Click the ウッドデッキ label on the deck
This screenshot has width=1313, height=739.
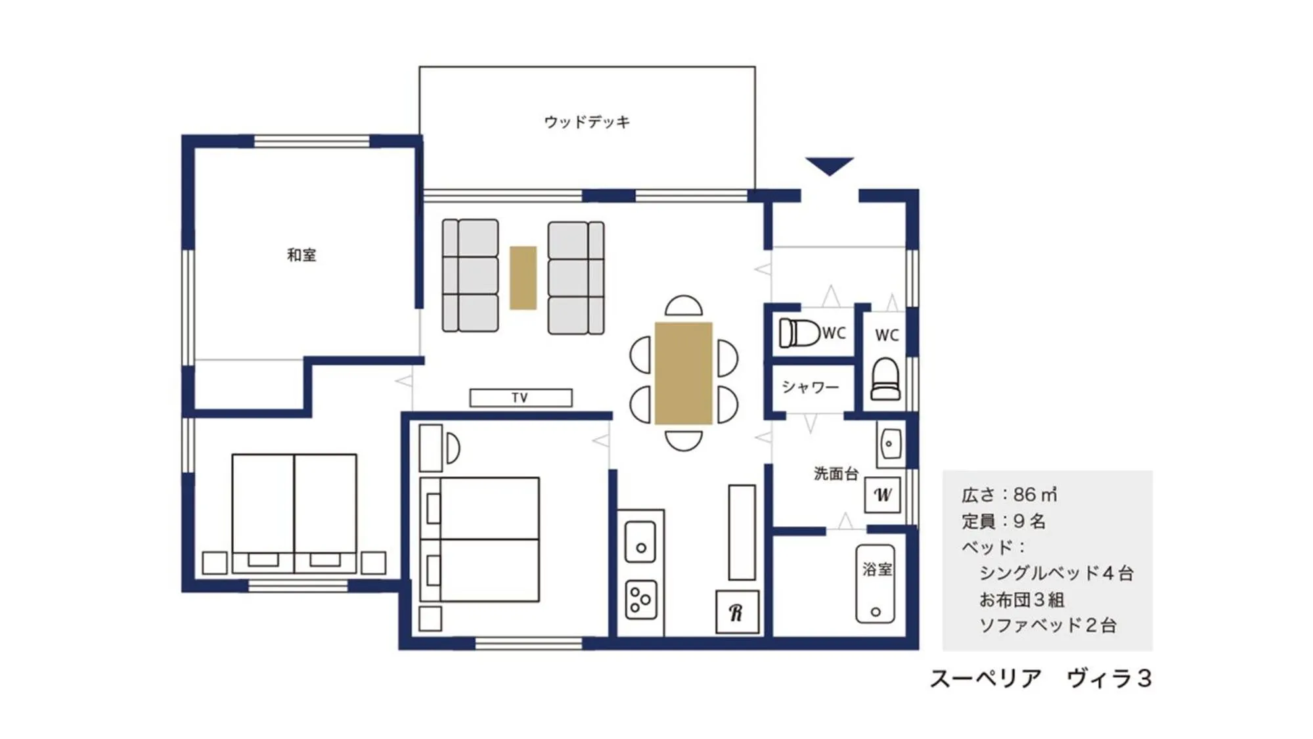tap(587, 122)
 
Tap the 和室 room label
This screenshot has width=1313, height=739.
tap(301, 255)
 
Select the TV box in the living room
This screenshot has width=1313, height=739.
tap(520, 397)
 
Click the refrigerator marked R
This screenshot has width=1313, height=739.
tap(737, 612)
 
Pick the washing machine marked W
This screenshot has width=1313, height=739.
tap(882, 495)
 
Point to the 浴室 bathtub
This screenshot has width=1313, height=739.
tap(875, 583)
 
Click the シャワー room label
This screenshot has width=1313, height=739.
tap(810, 387)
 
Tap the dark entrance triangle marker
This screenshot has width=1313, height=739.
tap(829, 165)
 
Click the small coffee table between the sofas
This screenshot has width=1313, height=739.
tap(523, 277)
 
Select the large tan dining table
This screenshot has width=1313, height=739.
tap(683, 372)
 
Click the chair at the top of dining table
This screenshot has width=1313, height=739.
tap(683, 307)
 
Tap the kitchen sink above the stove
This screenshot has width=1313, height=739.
tap(640, 542)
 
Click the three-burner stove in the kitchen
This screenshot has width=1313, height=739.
tap(640, 599)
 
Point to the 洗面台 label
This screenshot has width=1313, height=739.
tap(835, 474)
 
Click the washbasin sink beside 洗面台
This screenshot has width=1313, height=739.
tap(889, 443)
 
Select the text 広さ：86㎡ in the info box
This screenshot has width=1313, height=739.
tap(1009, 495)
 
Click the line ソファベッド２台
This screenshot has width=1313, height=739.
tap(1048, 625)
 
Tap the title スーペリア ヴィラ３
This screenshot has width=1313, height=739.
tap(1040, 679)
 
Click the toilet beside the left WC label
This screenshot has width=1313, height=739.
tap(799, 333)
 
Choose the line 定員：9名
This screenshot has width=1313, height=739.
tap(1003, 522)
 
